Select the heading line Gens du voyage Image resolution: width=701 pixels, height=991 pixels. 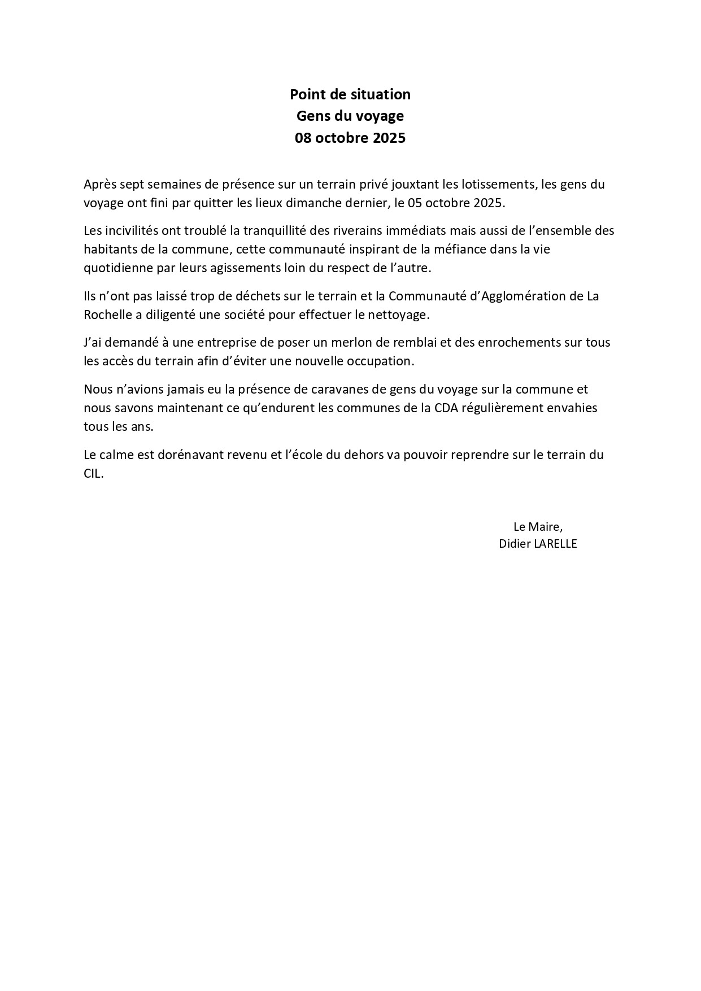(350, 116)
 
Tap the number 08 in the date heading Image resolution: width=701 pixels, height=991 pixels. (304, 138)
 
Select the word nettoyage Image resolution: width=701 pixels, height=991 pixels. (401, 315)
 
